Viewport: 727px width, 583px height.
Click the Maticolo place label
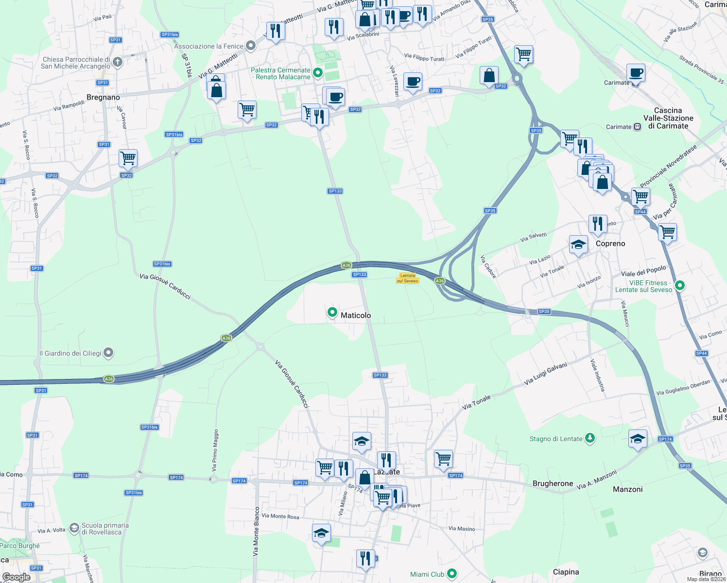click(x=356, y=315)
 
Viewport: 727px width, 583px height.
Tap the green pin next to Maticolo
click(x=332, y=313)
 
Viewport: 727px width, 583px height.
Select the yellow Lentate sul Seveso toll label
click(x=408, y=278)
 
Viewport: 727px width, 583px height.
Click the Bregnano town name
click(x=103, y=97)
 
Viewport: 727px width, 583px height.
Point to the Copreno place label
click(x=610, y=243)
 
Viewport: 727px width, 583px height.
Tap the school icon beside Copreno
click(x=578, y=244)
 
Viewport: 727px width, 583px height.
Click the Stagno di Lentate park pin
click(x=589, y=438)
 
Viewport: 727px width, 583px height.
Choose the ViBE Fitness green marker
click(x=680, y=286)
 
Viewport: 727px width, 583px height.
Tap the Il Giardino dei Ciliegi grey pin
click(x=108, y=353)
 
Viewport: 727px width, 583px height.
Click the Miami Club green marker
click(x=452, y=574)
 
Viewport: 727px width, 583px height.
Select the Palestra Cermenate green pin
click(x=318, y=73)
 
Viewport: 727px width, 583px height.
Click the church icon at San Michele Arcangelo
click(x=118, y=62)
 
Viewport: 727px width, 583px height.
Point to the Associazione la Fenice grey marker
click(x=251, y=46)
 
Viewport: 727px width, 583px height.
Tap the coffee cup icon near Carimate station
click(x=636, y=73)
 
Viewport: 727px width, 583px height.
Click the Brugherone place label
click(x=553, y=483)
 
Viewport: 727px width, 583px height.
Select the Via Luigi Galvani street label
click(x=545, y=374)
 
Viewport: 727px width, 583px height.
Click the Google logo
click(x=16, y=577)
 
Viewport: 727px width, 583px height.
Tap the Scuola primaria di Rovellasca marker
click(x=74, y=528)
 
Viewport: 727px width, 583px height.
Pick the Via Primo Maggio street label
click(x=215, y=450)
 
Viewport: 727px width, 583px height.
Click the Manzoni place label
click(x=627, y=489)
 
